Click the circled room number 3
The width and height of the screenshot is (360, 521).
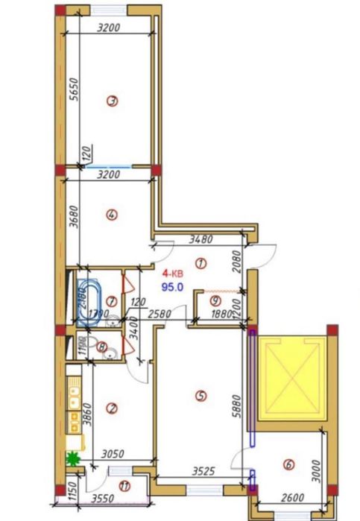[x=112, y=102]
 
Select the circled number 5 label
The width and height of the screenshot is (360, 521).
[x=199, y=397]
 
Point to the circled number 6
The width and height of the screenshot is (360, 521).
[x=288, y=466]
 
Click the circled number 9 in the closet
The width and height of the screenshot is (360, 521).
[x=215, y=301]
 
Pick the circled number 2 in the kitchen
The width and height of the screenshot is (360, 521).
[x=112, y=408]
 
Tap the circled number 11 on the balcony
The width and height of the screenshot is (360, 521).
[x=124, y=487]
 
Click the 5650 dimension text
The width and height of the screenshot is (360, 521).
[x=72, y=95]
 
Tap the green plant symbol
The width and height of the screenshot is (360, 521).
[x=74, y=459]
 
